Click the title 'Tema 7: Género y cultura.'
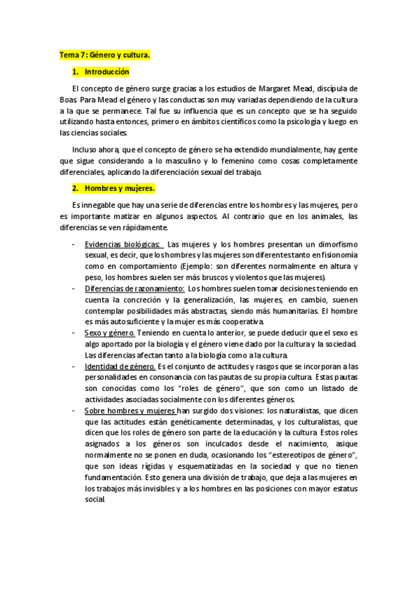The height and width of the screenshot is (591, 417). pos(104,54)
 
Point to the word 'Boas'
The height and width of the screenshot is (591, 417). pos(68,99)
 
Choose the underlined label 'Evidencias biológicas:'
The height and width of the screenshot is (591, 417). pos(123,244)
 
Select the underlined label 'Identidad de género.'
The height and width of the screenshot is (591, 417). pos(120,367)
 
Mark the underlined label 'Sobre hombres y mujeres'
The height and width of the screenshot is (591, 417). pos(130,411)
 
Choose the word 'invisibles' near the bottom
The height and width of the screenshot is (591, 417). pos(163,500)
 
